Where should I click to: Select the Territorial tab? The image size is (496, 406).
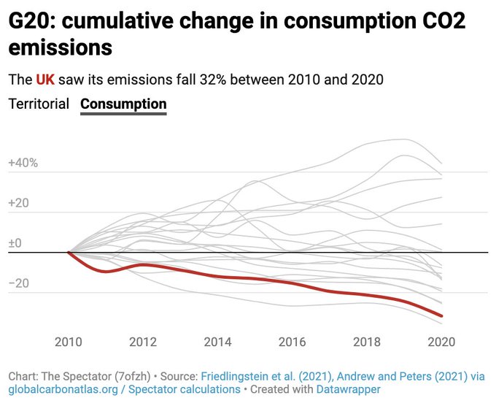(39, 104)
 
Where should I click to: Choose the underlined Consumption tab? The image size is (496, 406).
(123, 104)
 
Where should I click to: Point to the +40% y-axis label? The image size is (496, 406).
(23, 163)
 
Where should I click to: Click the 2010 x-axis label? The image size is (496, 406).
(68, 342)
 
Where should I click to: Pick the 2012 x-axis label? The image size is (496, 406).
(142, 342)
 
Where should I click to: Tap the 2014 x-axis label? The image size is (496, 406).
(217, 342)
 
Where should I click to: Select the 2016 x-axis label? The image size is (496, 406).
(292, 342)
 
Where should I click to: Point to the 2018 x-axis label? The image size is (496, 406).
(366, 342)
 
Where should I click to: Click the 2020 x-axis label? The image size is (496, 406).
(441, 342)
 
